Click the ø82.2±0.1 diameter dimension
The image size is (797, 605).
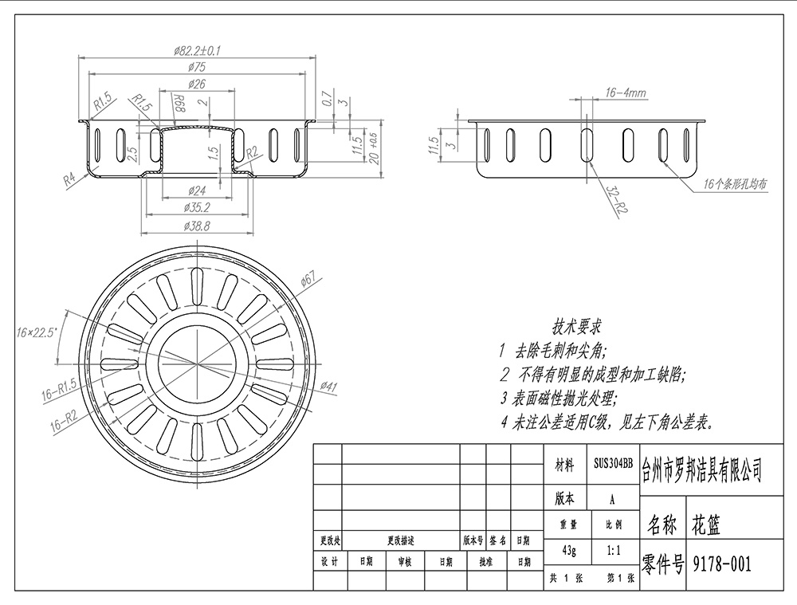click(197, 50)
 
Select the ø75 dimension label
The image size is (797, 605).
click(197, 67)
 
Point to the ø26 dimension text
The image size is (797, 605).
click(197, 84)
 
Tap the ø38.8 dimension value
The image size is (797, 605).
click(197, 226)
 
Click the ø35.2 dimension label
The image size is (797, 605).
click(197, 207)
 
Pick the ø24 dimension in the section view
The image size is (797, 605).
click(197, 191)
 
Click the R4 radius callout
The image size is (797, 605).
click(69, 179)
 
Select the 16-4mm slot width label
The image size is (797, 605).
click(626, 92)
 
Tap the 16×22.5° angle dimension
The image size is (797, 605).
click(37, 332)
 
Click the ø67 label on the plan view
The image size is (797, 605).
click(308, 279)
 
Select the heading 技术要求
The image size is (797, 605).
click(577, 326)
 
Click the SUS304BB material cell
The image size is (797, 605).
click(613, 464)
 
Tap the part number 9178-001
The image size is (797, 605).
click(722, 563)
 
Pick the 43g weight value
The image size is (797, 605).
click(569, 551)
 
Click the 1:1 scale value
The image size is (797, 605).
click(614, 550)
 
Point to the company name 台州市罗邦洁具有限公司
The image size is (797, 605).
click(702, 469)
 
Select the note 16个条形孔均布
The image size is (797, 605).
click(735, 183)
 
